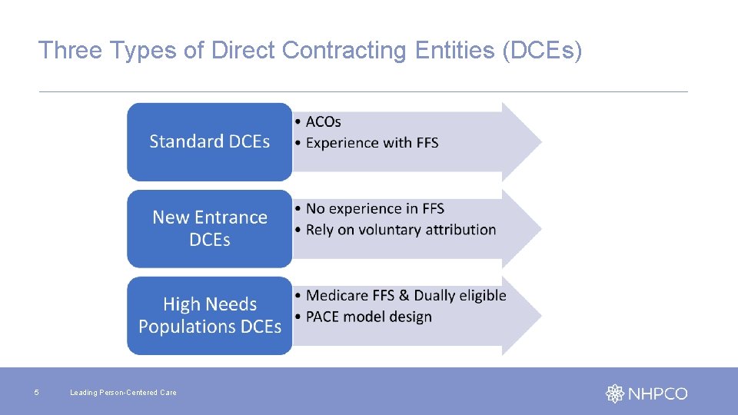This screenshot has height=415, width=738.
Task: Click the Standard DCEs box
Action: pos(209,141)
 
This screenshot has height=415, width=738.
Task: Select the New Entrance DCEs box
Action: pos(209,228)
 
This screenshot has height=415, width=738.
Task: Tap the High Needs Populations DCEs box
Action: pos(209,315)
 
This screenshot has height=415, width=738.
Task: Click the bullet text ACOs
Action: pos(323,121)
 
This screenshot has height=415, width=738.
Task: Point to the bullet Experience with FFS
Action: pos(372,143)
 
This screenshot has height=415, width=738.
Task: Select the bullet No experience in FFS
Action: pos(375,208)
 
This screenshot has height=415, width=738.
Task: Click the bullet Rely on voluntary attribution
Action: pos(401,230)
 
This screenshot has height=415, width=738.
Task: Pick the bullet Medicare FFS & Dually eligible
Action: pos(406,295)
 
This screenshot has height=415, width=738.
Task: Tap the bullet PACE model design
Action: pos(369,317)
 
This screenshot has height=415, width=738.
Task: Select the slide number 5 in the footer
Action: pos(36,393)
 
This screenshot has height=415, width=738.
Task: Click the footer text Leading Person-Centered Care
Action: pos(123,393)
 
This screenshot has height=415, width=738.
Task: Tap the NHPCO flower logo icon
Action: pos(615,393)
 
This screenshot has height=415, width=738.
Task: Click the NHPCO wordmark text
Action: pos(657,393)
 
